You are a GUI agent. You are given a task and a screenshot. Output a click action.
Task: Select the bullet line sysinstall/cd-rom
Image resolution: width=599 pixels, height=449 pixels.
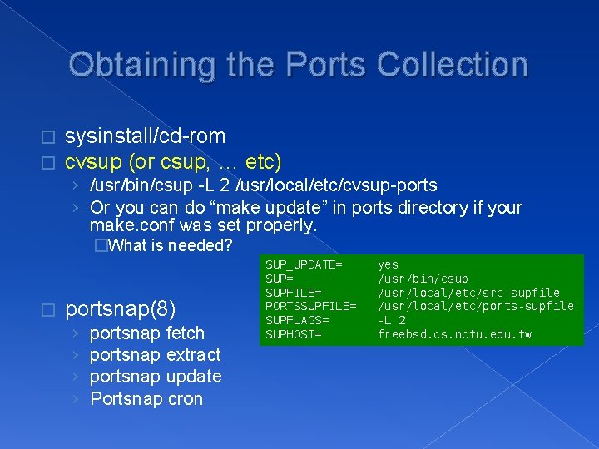click(x=145, y=136)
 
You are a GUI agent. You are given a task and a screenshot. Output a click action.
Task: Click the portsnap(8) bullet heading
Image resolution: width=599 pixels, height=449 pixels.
click(x=120, y=309)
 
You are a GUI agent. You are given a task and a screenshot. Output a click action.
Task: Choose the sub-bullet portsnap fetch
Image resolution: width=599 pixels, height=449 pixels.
click(x=146, y=333)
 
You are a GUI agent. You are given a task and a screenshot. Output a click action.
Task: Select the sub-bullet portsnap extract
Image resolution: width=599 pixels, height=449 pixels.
click(x=155, y=355)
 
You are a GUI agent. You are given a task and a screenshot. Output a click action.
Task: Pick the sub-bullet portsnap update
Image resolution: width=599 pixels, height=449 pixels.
click(x=155, y=377)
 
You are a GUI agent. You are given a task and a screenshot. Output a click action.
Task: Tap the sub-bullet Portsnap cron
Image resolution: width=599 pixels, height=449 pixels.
click(x=146, y=399)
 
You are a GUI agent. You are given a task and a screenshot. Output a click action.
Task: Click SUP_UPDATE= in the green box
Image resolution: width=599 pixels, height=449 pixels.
click(x=304, y=264)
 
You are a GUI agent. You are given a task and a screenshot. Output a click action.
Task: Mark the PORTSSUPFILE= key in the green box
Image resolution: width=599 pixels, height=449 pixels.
click(x=310, y=306)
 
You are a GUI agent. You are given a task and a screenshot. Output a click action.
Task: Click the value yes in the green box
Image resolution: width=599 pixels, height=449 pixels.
click(x=389, y=264)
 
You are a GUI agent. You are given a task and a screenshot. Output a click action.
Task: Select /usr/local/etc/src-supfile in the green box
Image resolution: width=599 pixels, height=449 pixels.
click(x=469, y=293)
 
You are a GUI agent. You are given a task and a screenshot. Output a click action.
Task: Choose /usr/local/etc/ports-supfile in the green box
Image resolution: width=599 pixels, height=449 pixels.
click(x=476, y=306)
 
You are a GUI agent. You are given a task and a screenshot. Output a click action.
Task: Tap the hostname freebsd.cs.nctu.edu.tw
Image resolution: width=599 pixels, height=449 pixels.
click(x=455, y=334)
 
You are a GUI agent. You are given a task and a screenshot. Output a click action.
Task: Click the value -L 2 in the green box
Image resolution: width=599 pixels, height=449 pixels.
click(x=392, y=320)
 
